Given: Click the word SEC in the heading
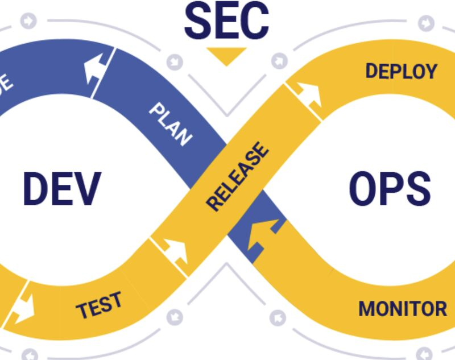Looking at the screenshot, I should pos(226,22).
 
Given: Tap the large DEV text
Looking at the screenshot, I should pos(61,189).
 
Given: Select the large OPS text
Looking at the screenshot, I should pos(389,189).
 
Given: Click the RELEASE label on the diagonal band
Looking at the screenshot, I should pos(237,177).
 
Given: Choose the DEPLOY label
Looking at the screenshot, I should pos(401,72).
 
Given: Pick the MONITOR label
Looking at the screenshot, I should pos(402,309).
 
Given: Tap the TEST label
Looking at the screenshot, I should pos(99,305).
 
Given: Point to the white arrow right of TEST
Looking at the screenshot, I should pos(176,251).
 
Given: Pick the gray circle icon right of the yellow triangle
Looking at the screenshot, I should pos(279,60).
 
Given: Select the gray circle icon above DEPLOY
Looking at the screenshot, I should pos(425,23).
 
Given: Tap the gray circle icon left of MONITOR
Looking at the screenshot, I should pos(278,317).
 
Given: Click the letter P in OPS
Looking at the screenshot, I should pos(390,189).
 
